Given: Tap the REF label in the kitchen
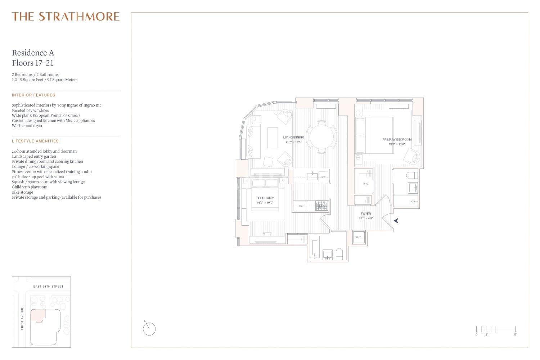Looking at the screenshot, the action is click(x=301, y=206).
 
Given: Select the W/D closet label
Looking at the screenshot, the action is click(x=359, y=237).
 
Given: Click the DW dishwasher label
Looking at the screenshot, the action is click(x=324, y=177).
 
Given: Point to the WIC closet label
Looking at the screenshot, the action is click(x=365, y=184).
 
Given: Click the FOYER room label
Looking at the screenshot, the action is click(x=366, y=213).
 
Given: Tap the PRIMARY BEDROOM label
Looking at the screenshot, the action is click(x=397, y=140).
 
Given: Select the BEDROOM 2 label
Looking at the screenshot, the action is click(x=265, y=198).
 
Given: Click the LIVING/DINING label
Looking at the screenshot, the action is click(x=294, y=138).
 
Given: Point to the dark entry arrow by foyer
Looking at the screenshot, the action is click(x=396, y=220).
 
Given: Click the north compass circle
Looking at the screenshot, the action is click(x=149, y=329).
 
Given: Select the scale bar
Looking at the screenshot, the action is click(x=496, y=329).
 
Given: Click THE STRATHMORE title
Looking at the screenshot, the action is click(x=66, y=17).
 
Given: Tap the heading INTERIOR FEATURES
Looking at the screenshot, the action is click(x=33, y=95).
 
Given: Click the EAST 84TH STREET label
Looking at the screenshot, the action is click(x=48, y=287).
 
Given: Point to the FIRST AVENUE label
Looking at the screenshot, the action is click(x=22, y=318).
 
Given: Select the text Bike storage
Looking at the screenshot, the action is click(x=22, y=192).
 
